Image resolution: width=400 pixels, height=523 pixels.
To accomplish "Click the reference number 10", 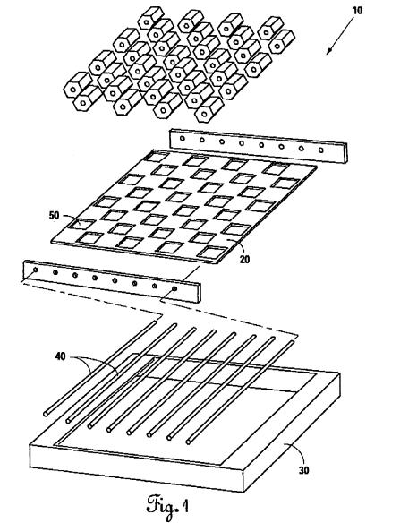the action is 357,11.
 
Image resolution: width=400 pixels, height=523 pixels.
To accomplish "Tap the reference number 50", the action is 54,216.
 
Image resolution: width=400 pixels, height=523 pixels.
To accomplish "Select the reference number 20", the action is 244,259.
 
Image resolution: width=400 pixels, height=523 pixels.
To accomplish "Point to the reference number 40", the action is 60,356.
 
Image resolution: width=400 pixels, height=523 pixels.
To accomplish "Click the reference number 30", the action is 303,470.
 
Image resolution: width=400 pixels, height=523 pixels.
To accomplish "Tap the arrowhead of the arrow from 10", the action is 328,51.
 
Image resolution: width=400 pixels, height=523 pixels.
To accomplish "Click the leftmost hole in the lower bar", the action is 36,270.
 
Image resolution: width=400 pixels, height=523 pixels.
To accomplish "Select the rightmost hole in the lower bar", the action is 174,288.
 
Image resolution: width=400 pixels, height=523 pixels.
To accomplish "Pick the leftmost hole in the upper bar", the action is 182,138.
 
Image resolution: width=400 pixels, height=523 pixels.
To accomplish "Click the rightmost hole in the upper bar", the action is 321,150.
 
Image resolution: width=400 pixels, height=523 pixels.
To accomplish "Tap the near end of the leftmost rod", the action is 46,414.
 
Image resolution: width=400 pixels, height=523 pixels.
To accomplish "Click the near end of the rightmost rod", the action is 189,442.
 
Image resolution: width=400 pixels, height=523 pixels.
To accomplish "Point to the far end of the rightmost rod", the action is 293,341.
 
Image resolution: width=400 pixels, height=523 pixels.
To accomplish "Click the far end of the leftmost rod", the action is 154,322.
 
